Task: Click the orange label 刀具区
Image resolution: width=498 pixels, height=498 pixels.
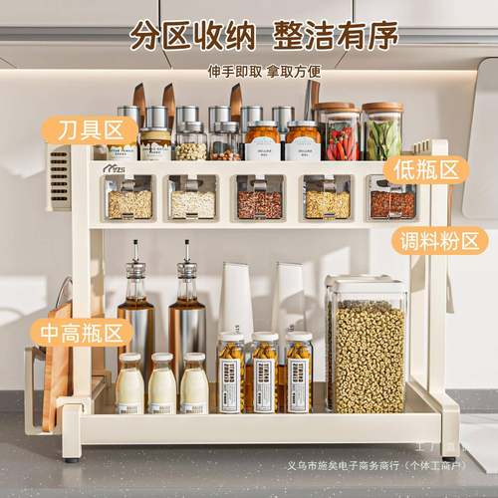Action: tap(91, 129)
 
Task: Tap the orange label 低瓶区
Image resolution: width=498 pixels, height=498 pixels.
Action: tap(425, 169)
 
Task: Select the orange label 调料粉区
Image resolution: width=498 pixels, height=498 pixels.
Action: tap(439, 241)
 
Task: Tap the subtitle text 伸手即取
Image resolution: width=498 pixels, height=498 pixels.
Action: tap(236, 72)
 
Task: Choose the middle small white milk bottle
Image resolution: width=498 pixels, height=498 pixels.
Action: tap(162, 383)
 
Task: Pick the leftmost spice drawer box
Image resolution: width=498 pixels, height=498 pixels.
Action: tap(129, 199)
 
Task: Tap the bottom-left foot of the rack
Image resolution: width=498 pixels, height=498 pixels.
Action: tap(71, 453)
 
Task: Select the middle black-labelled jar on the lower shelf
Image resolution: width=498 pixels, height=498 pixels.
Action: tap(264, 373)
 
